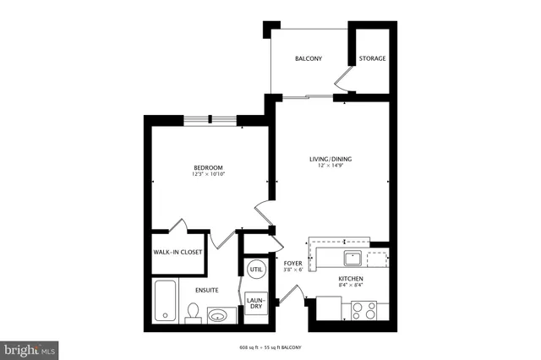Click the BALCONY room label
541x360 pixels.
(307, 59)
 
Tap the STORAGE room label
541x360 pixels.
(372, 59)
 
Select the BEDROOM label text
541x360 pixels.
(208, 168)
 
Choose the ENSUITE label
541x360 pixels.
(207, 290)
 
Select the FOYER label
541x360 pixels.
(292, 263)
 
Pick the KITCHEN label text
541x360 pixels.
(351, 279)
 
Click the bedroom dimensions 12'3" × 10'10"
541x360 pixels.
(208, 176)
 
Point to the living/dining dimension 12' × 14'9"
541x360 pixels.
(330, 166)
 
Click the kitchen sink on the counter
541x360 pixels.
(352, 258)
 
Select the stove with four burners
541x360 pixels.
(367, 310)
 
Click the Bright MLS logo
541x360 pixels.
(30, 347)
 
